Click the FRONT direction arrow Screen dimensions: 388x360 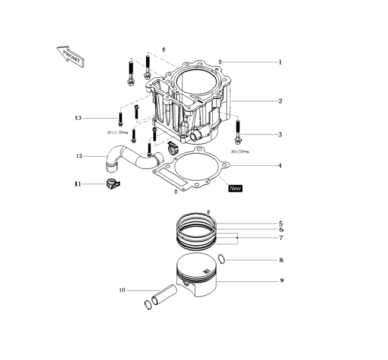[x=71, y=56]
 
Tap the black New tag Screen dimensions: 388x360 [x=235, y=188]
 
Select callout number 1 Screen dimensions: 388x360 [x=280, y=62]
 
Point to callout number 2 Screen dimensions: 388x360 [x=280, y=101]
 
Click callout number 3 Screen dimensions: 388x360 [x=280, y=135]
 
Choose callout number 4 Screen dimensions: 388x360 [x=280, y=166]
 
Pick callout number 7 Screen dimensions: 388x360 [x=281, y=238]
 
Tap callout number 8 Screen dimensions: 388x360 [x=281, y=260]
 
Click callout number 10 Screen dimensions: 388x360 [x=122, y=290]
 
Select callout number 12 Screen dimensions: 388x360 [x=79, y=156]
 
